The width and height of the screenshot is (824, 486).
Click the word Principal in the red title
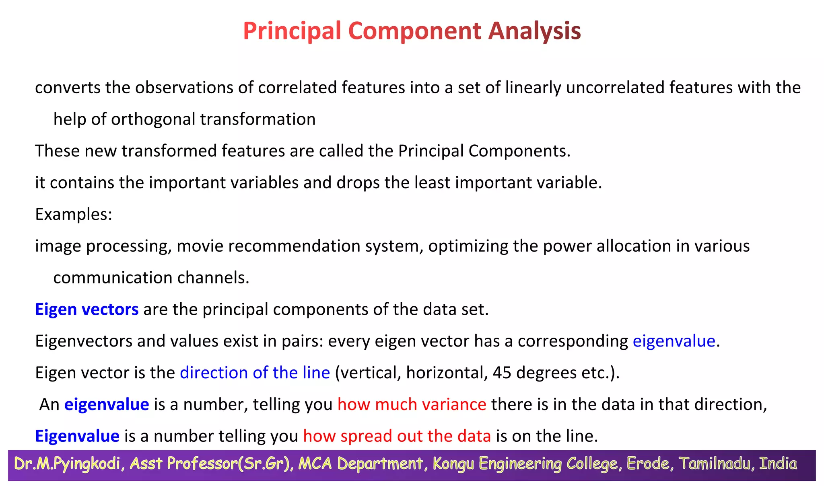pos(292,31)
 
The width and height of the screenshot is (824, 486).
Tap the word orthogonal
pos(153,119)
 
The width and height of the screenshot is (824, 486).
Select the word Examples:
pos(74,214)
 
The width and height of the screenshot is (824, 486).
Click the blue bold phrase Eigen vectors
pos(87,310)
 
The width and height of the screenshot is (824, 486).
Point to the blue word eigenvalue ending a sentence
pos(674,341)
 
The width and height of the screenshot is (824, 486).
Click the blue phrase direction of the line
pos(255,373)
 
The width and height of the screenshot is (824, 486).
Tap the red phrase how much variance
pos(412,404)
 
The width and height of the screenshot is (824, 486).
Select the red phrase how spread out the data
pos(397,436)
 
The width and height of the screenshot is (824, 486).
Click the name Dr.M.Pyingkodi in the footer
pos(67,464)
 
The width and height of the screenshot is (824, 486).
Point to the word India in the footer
pos(778,464)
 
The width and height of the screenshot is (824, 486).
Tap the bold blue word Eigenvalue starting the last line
pos(77,436)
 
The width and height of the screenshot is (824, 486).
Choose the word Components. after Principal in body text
pos(519,151)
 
